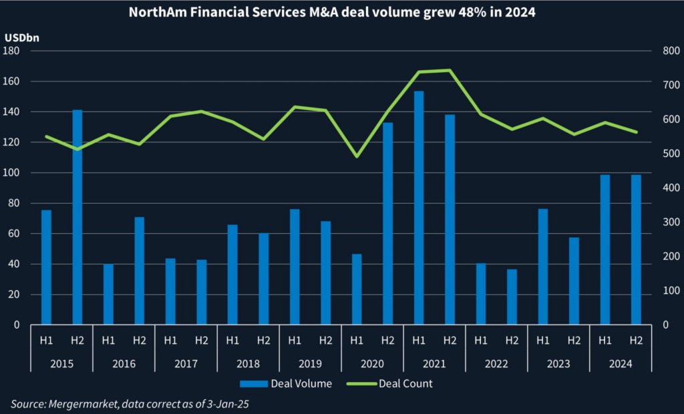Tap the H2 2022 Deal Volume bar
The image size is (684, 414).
point(512,297)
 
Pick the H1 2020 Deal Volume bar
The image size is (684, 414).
point(357,289)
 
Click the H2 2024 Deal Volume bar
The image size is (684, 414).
point(636,250)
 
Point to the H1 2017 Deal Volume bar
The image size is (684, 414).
point(170,292)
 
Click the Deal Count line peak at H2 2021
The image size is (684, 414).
point(450,70)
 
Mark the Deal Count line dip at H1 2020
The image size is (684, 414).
point(357,157)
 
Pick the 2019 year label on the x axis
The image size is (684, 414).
point(310,364)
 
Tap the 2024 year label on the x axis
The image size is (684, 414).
point(621,364)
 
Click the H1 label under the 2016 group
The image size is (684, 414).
point(108,341)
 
